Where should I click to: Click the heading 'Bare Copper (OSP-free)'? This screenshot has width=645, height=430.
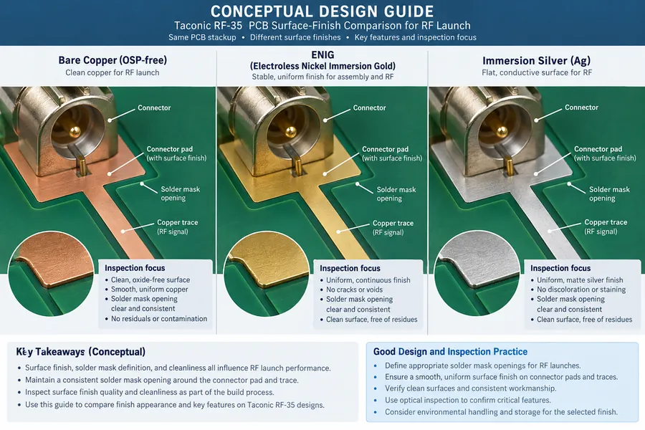113,60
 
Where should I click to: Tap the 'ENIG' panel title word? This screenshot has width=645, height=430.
323,54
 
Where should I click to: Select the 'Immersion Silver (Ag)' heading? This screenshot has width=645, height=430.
536,61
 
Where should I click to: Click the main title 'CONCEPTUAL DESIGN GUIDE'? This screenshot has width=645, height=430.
322,11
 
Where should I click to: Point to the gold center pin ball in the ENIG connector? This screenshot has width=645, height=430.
291,132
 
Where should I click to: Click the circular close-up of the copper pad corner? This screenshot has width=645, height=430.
51,274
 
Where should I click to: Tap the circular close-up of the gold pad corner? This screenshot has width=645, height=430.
266,274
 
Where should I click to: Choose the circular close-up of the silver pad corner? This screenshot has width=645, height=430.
477,273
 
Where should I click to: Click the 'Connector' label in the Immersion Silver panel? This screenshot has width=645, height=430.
581,107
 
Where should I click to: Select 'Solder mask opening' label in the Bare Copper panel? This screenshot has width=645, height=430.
180,193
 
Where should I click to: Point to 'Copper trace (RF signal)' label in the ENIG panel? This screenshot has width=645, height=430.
393,228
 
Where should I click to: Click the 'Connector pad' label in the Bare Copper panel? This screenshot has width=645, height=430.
176,153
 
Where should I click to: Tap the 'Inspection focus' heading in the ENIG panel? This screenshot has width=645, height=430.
350,268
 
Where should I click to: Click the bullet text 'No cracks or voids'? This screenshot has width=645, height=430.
354,290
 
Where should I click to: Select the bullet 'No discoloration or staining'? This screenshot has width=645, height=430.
580,290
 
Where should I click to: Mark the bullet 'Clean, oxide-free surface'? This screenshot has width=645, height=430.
150,279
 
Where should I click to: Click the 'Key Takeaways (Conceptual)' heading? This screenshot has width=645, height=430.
80,352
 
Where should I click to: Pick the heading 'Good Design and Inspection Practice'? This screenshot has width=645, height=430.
450,352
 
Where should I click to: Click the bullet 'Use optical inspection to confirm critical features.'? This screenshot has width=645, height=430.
468,400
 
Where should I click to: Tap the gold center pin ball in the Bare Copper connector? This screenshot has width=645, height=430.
75,132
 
